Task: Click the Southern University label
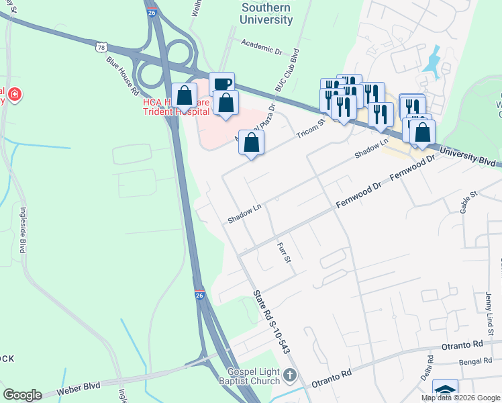coord(267,13)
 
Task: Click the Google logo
coord(22,394)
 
